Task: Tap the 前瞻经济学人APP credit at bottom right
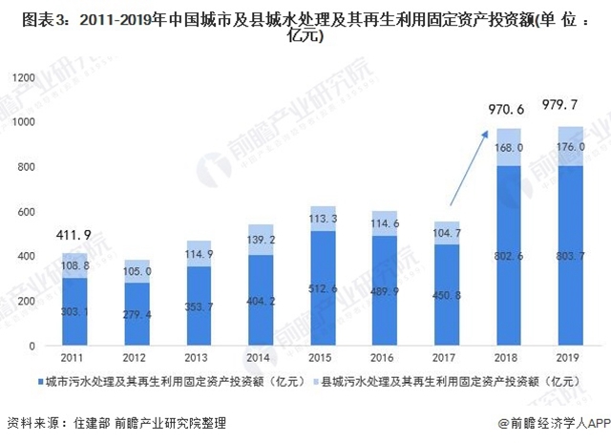553,422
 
